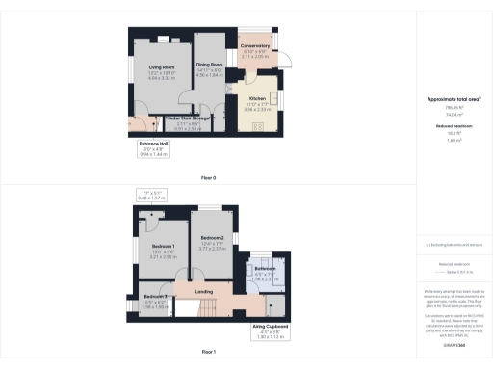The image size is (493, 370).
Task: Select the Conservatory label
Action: pyautogui.click(x=256, y=45)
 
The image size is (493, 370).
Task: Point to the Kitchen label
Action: pyautogui.click(x=258, y=98)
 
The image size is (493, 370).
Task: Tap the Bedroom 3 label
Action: pyautogui.click(x=156, y=295)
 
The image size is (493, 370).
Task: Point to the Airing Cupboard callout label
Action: pyautogui.click(x=272, y=327)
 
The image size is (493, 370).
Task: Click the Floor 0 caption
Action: pyautogui.click(x=208, y=178)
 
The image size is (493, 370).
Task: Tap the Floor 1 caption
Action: pyautogui.click(x=208, y=353)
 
